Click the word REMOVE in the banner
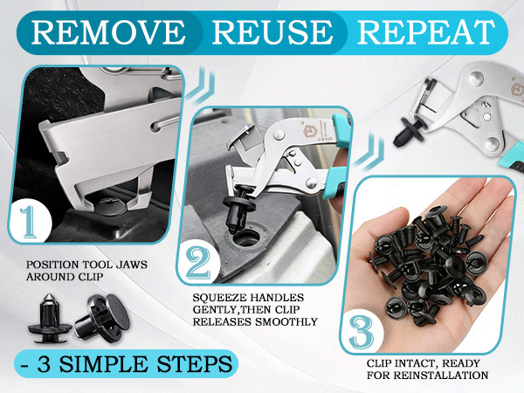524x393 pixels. (x=108, y=32)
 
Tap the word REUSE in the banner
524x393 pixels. (x=272, y=32)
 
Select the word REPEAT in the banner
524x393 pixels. (x=426, y=32)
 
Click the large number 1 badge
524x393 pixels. (x=30, y=222)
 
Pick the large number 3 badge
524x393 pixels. (x=362, y=332)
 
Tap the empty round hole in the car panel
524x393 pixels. (x=246, y=238)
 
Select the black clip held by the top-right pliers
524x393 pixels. (x=410, y=131)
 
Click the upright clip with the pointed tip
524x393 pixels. (x=50, y=318)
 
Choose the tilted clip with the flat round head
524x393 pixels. (x=102, y=317)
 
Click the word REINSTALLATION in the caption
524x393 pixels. (x=441, y=375)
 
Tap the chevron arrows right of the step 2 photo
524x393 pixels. (x=369, y=151)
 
